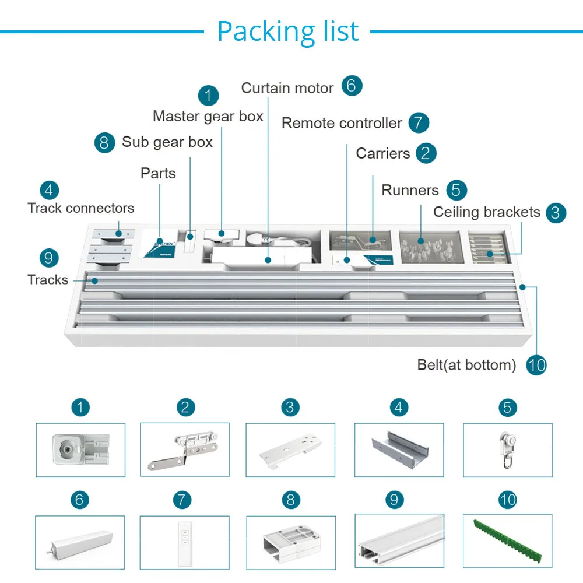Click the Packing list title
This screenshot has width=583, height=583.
(x=288, y=31)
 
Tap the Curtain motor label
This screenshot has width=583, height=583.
(x=287, y=88)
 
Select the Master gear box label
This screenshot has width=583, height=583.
(x=208, y=117)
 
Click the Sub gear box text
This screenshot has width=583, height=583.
(x=167, y=142)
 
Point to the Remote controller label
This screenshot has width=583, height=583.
(x=342, y=123)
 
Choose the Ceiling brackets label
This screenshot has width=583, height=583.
(x=487, y=212)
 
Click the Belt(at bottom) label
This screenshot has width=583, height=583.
(x=466, y=365)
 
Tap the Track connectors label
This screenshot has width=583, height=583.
(x=80, y=208)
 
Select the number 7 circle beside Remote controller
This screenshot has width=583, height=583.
(x=419, y=122)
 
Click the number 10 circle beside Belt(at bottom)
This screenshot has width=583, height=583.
(x=536, y=365)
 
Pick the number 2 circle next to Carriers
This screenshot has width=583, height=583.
(x=426, y=153)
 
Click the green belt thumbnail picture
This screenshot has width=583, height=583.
(x=508, y=540)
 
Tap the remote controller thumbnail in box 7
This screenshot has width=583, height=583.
(x=185, y=543)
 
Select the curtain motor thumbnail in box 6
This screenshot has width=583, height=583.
(x=79, y=543)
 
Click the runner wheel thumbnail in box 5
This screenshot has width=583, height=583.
(x=508, y=450)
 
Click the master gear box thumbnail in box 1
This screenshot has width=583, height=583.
(x=80, y=449)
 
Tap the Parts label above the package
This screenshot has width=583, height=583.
(x=158, y=174)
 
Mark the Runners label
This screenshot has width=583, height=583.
(x=410, y=191)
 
